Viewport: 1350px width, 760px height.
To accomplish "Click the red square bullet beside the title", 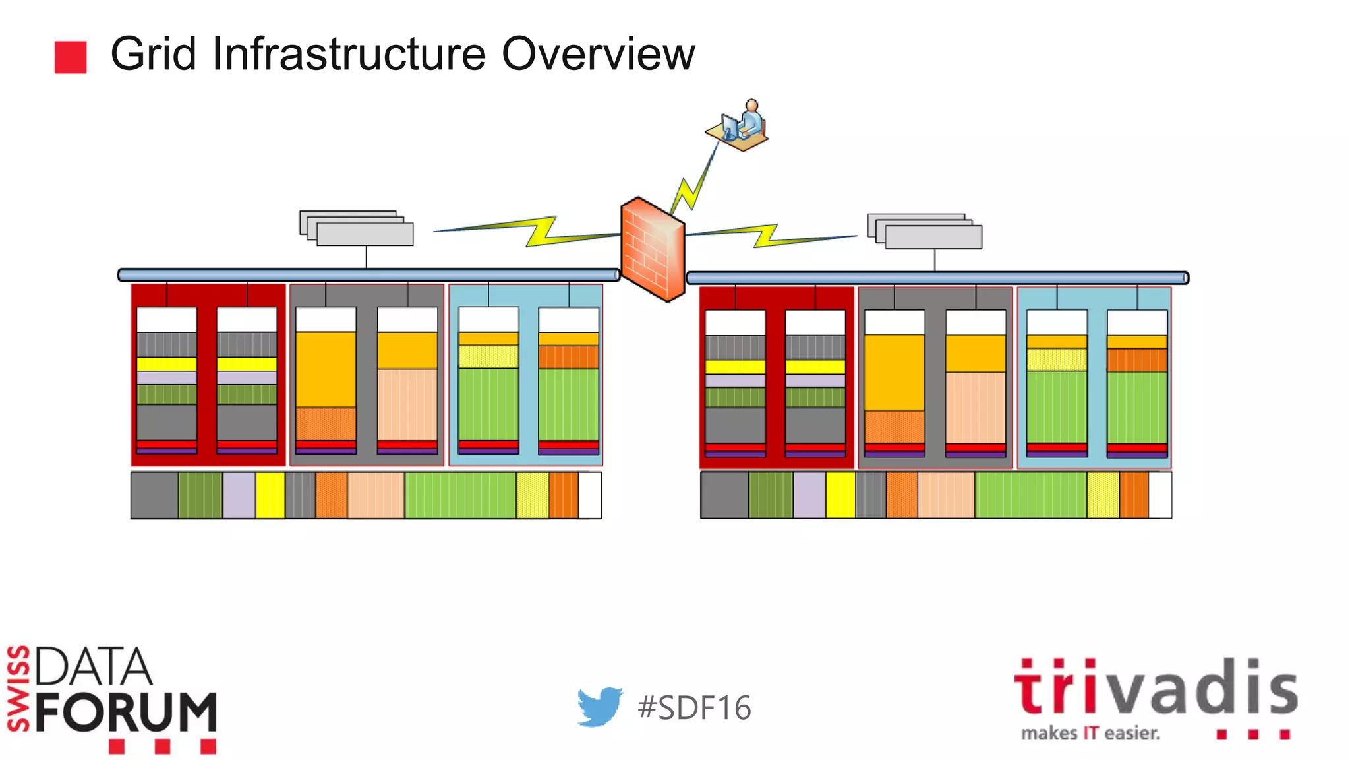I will [71, 57].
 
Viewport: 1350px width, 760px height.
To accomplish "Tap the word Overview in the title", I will [598, 54].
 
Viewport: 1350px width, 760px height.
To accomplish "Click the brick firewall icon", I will [653, 249].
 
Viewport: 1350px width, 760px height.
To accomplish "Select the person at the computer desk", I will [738, 125].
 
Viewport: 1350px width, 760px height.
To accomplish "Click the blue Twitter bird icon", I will [599, 707].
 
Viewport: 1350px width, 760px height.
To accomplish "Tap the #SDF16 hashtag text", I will [694, 708].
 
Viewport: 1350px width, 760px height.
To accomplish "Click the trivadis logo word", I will [1155, 688].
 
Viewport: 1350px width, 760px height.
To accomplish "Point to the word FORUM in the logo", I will [126, 712].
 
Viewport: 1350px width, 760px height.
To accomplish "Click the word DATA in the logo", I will [94, 666].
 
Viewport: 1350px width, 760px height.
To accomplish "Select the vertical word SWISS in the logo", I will [18, 689].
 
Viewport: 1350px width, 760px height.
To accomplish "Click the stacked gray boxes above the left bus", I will [357, 228].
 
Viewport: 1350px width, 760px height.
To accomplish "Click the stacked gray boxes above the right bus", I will [925, 232].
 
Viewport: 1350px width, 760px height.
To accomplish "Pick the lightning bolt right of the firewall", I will [768, 235].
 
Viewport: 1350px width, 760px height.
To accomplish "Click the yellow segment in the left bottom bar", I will [270, 495].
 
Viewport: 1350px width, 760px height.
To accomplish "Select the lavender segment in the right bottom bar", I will [809, 495].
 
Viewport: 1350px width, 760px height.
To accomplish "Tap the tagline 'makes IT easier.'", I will [1090, 733].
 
